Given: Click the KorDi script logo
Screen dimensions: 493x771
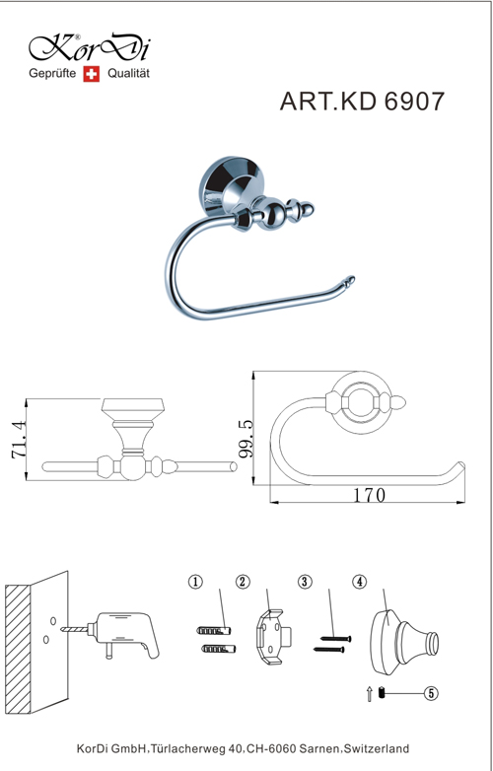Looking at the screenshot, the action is pyautogui.click(x=90, y=48).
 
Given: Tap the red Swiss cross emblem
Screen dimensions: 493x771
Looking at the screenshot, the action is pyautogui.click(x=91, y=74).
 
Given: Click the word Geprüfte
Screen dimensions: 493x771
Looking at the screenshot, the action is pyautogui.click(x=52, y=74).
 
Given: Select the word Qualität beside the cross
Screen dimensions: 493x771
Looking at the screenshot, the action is pyautogui.click(x=128, y=74).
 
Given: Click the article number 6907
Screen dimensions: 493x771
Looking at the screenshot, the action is pyautogui.click(x=414, y=102).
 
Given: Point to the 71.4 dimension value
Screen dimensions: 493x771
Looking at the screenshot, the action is pyautogui.click(x=20, y=439).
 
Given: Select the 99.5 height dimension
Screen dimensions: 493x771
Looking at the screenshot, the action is pyautogui.click(x=246, y=439).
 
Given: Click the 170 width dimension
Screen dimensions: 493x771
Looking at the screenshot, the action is pyautogui.click(x=370, y=495).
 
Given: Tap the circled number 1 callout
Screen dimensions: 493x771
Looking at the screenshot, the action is pyautogui.click(x=195, y=582).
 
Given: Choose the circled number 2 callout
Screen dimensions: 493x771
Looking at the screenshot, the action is pyautogui.click(x=243, y=582).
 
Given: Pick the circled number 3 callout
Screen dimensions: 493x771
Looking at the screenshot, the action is pyautogui.click(x=305, y=582).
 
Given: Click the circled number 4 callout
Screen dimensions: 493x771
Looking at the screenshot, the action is pyautogui.click(x=359, y=582).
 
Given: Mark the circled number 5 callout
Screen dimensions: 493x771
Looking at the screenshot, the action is pyautogui.click(x=431, y=693).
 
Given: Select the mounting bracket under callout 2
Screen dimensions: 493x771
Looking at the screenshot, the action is pyautogui.click(x=275, y=637).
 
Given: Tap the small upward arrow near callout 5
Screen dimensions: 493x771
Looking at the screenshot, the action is pyautogui.click(x=369, y=694).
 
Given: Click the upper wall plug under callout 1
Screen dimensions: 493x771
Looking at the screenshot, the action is pyautogui.click(x=214, y=630).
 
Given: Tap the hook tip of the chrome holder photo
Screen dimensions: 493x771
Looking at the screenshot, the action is pyautogui.click(x=349, y=281).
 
